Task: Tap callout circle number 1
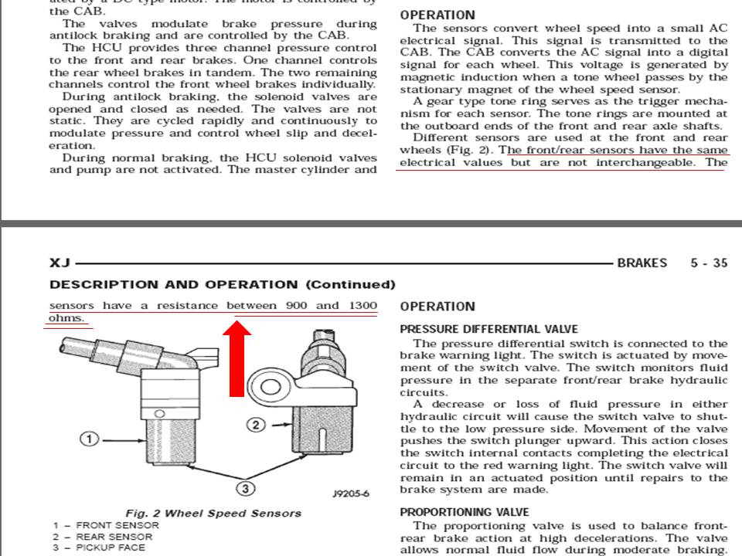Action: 90,439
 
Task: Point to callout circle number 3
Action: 244,488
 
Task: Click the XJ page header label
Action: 60,263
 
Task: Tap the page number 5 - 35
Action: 709,263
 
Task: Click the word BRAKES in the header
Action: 642,263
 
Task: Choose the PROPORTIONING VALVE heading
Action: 465,512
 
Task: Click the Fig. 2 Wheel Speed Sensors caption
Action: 213,514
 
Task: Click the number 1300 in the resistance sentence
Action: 362,306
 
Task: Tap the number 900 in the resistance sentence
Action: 297,306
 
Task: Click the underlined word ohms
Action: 66,318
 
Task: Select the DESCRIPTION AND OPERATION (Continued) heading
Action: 222,285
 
